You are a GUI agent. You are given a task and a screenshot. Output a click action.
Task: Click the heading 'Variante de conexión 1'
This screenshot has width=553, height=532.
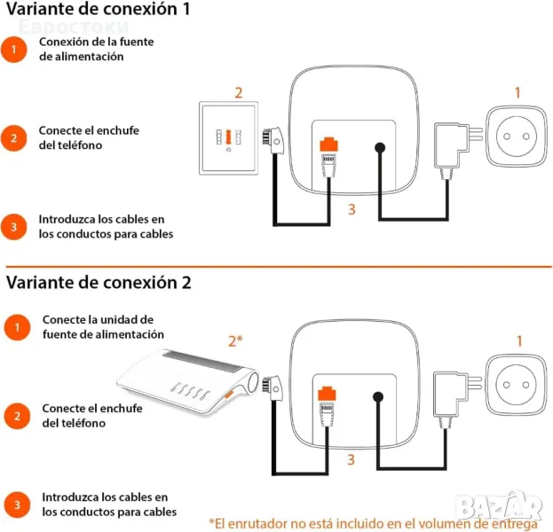pyautogui.click(x=98, y=9)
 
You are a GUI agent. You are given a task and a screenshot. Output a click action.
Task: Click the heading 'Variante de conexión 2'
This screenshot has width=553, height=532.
pyautogui.click(x=99, y=282)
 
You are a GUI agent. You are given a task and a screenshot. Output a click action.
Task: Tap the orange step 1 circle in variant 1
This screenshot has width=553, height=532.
pyautogui.click(x=13, y=50)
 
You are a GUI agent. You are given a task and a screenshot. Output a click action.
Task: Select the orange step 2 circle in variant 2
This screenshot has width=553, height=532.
pyautogui.click(x=17, y=416)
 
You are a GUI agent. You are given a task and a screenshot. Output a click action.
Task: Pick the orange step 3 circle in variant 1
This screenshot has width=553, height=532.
pyautogui.click(x=13, y=227)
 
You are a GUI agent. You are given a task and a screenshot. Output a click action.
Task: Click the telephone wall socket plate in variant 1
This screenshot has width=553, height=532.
pyautogui.click(x=228, y=138)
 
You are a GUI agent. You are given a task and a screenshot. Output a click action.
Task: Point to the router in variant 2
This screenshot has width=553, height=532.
pyautogui.click(x=187, y=380)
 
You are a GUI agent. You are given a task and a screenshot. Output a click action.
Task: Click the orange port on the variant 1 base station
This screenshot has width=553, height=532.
pyautogui.click(x=328, y=145)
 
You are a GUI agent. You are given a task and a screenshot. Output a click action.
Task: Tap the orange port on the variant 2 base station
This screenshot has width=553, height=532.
pyautogui.click(x=327, y=394)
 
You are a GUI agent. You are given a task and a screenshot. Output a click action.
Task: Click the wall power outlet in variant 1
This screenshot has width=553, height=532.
pyautogui.click(x=517, y=137)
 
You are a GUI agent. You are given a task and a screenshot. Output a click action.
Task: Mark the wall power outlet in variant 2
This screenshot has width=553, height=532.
pyautogui.click(x=516, y=385)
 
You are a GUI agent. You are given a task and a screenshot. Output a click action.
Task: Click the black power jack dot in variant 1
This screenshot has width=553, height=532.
pyautogui.click(x=380, y=147)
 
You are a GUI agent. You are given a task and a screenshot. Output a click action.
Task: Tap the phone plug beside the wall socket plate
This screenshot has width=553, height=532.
pyautogui.click(x=273, y=140)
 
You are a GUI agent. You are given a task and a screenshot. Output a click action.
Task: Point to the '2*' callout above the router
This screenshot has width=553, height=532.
pyautogui.click(x=235, y=340)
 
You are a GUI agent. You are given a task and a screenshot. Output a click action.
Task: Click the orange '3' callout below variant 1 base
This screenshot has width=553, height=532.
pyautogui.click(x=352, y=209)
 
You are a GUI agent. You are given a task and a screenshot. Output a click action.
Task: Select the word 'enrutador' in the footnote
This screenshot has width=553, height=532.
pyautogui.click(x=259, y=523)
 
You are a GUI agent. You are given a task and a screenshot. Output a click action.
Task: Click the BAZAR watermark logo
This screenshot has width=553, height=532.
pyautogui.click(x=500, y=506)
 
